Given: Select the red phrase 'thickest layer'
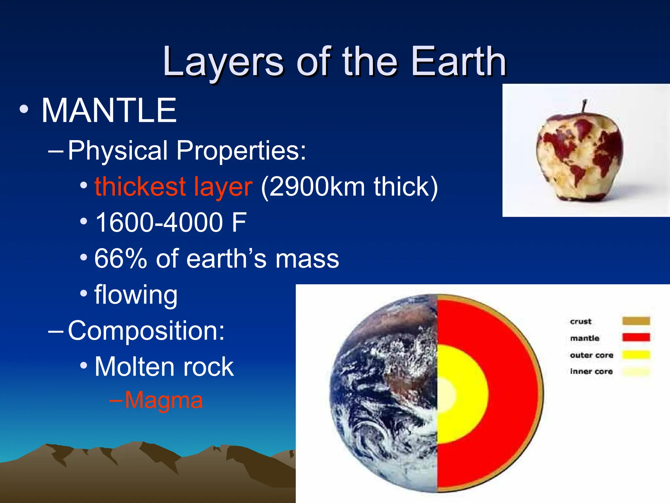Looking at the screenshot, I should (173, 187).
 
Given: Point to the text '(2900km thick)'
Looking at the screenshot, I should (349, 187).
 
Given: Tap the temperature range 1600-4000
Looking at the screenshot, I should (159, 223).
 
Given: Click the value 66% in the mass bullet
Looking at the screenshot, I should (120, 259).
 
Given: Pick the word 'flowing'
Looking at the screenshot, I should (136, 295).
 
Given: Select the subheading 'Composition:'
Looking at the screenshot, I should (146, 331).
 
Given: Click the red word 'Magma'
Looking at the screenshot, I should (164, 400).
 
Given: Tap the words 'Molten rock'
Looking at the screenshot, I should (164, 367).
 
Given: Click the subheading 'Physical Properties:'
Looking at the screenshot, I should (187, 151).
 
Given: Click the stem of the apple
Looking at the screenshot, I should (584, 106).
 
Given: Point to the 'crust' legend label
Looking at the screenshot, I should (581, 321).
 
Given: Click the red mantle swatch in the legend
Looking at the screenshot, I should (636, 337).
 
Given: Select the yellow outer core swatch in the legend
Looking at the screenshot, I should (636, 355).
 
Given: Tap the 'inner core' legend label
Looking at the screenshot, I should (591, 371).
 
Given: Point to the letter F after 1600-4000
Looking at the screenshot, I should (239, 223).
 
